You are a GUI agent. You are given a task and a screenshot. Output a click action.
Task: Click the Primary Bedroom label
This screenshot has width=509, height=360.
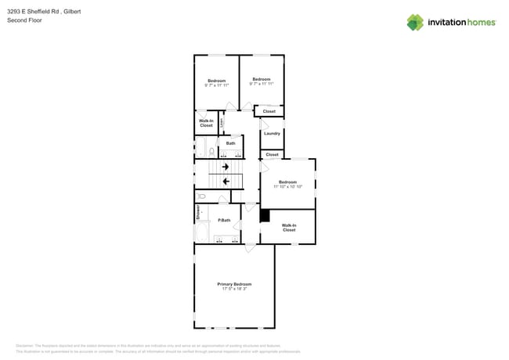[234, 283]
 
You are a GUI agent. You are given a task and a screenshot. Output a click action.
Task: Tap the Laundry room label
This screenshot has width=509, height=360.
[272, 133]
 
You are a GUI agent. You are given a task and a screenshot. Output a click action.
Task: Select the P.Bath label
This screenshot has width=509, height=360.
[224, 220]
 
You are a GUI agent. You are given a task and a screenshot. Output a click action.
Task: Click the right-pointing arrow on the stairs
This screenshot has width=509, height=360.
[226, 167]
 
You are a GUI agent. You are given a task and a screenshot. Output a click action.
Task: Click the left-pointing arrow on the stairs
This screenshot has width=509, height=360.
[226, 182]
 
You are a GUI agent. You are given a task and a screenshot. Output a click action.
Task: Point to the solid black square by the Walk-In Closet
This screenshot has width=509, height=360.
[265, 215]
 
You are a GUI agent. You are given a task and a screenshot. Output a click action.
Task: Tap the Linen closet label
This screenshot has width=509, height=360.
[222, 122]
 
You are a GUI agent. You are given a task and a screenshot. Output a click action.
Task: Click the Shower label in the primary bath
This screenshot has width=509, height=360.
[197, 211]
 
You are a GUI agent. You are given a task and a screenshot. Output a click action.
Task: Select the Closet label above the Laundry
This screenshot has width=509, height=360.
[269, 111]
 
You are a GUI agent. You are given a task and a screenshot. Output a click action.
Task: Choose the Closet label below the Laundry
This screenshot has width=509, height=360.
[272, 154]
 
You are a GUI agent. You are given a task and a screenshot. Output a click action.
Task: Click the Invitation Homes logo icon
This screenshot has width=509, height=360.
[414, 22]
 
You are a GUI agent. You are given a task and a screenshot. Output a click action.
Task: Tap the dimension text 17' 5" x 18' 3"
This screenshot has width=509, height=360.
[234, 289]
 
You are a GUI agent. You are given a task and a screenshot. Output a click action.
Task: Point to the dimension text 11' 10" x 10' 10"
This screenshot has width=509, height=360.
[287, 187]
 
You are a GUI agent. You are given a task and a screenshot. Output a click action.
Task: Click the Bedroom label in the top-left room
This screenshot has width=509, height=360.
[216, 81]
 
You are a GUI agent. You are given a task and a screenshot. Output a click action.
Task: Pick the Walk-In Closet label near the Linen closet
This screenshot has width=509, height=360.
[206, 123]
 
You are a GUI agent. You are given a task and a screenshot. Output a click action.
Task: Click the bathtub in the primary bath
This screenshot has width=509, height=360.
[202, 232]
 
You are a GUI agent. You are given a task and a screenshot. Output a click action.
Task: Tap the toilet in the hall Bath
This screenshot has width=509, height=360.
[211, 151]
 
